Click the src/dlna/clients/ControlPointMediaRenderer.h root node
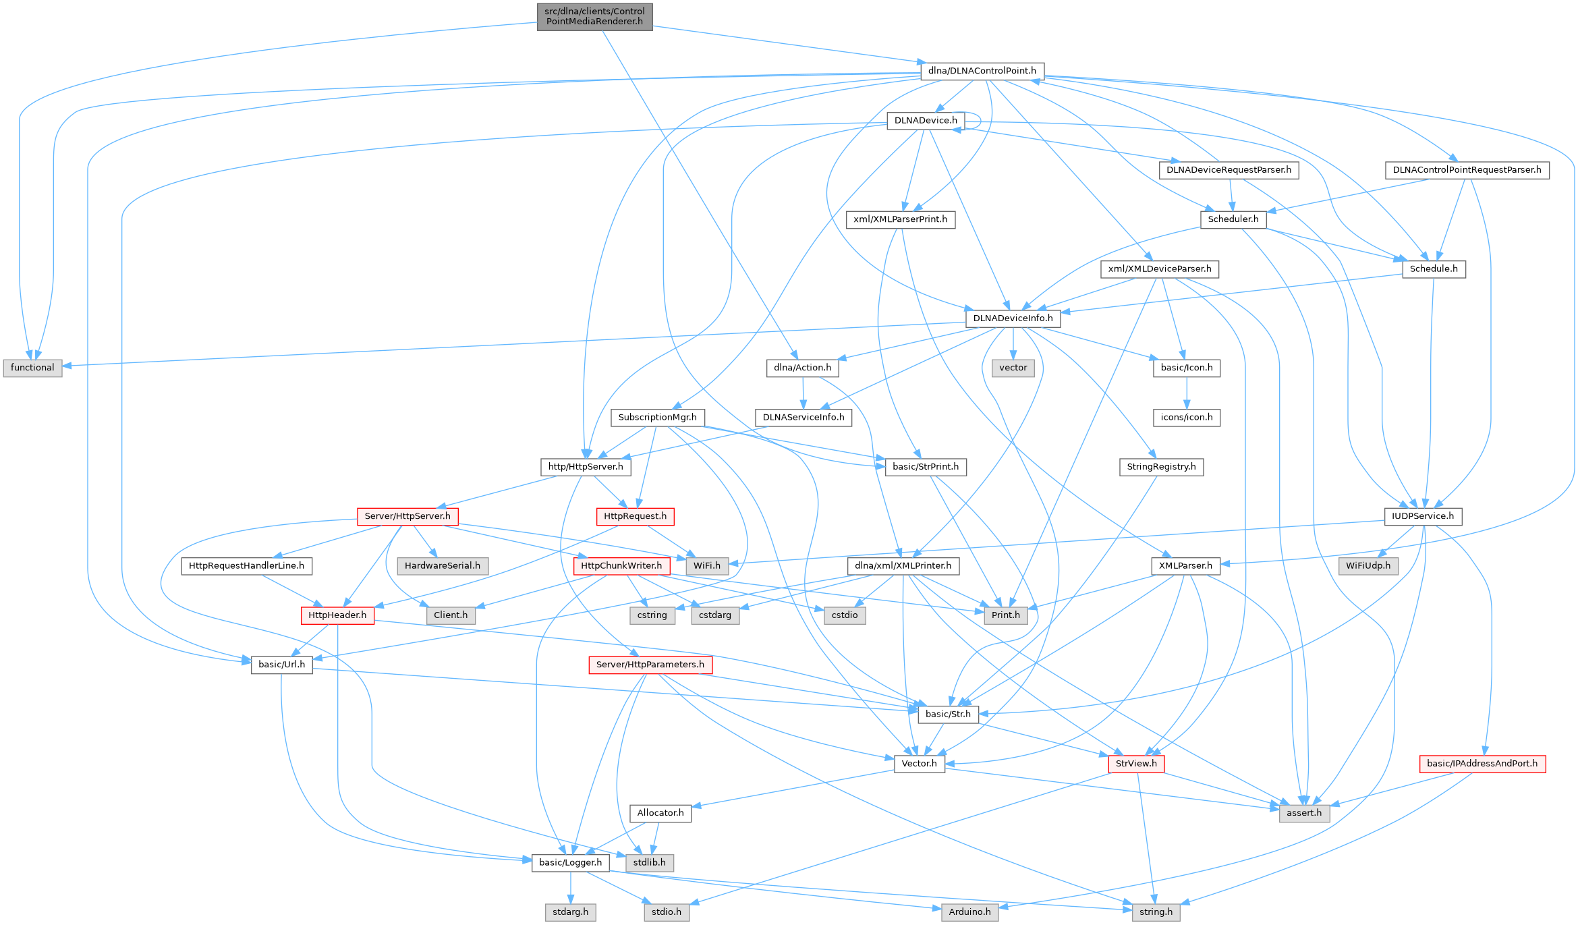(x=594, y=16)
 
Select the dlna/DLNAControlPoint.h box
(x=982, y=71)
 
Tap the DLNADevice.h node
(x=925, y=121)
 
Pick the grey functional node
(x=32, y=368)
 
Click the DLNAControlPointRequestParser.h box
(x=1467, y=170)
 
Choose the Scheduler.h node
(x=1233, y=219)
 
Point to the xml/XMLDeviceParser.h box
(x=1159, y=269)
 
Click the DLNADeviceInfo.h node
(x=1012, y=318)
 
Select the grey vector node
(x=1013, y=368)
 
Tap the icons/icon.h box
(x=1186, y=418)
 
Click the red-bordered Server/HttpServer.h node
(x=407, y=516)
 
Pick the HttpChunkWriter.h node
(x=621, y=565)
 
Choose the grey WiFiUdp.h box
(x=1368, y=565)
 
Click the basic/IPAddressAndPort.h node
(x=1482, y=764)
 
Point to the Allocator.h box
(x=660, y=813)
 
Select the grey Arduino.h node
(x=969, y=912)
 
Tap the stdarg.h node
(x=570, y=912)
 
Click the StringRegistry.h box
(x=1160, y=467)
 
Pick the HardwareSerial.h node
(x=442, y=565)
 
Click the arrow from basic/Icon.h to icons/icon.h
(x=1186, y=393)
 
